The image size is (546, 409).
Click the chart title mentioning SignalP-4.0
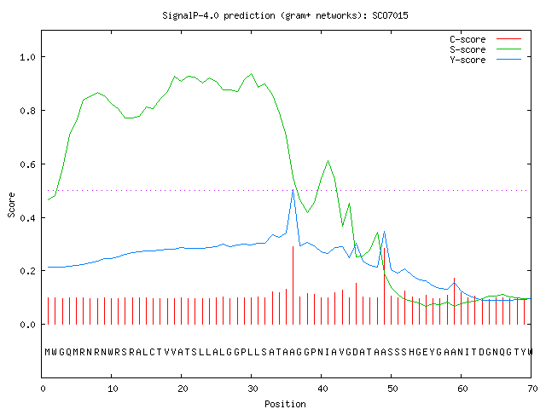tap(285, 15)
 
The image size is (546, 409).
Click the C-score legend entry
tap(485, 39)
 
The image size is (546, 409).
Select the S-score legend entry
tap(485, 49)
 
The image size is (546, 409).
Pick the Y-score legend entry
tap(485, 60)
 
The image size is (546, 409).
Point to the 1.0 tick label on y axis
tap(27, 57)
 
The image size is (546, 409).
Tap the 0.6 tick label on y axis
tap(27, 164)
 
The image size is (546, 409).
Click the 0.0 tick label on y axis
tap(27, 325)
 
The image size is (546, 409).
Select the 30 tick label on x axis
tap(253, 389)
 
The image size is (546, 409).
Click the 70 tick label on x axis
tap(532, 389)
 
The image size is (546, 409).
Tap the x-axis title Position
tap(285, 404)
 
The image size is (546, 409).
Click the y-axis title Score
tap(11, 204)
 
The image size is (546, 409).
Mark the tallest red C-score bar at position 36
tap(293, 285)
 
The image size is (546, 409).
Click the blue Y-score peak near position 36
tap(293, 190)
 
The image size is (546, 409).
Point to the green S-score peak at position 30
tap(252, 74)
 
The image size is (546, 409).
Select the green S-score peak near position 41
tap(328, 161)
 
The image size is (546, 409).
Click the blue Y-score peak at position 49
tap(384, 231)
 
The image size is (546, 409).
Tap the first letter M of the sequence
tap(48, 352)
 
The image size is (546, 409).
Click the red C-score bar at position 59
tap(455, 301)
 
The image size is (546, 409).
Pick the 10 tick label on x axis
tap(113, 389)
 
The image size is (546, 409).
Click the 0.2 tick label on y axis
tap(27, 271)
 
